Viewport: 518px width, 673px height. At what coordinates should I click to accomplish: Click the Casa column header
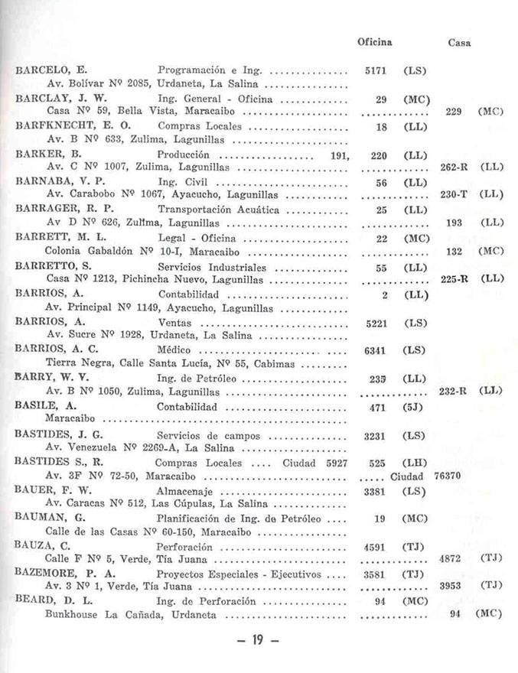click(458, 43)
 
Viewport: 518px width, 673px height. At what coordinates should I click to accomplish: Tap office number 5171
click(375, 70)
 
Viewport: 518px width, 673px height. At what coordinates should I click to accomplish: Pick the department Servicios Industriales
click(212, 268)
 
